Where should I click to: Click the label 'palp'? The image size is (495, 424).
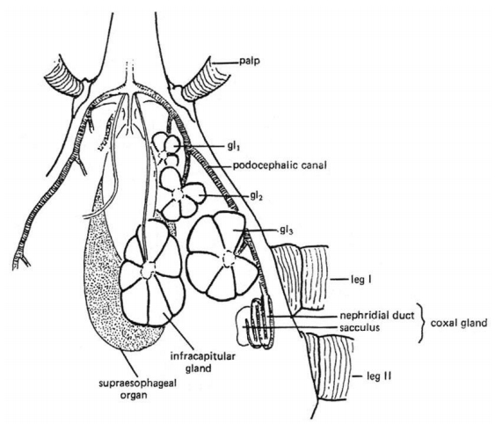pos(250,62)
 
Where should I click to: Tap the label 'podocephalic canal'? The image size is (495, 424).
pos(280,165)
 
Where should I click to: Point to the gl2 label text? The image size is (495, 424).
pos(257,197)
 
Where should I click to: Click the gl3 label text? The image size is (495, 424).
pos(287,230)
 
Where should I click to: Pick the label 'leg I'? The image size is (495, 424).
pos(360,280)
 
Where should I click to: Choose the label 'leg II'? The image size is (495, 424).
pos(379,376)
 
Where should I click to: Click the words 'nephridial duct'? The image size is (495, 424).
pos(377,315)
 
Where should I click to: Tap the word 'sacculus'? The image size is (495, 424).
pos(360,327)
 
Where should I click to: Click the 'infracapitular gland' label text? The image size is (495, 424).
pos(203,362)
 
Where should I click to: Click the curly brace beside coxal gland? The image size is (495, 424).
pos(420,323)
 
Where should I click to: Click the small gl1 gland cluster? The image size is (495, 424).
pos(167,149)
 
